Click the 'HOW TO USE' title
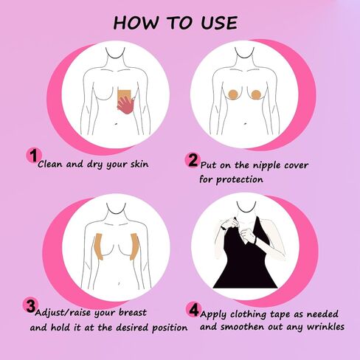[176, 22]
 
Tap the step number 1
[32, 155]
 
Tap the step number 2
[193, 160]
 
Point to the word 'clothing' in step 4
[255, 311]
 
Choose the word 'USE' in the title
[213, 22]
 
